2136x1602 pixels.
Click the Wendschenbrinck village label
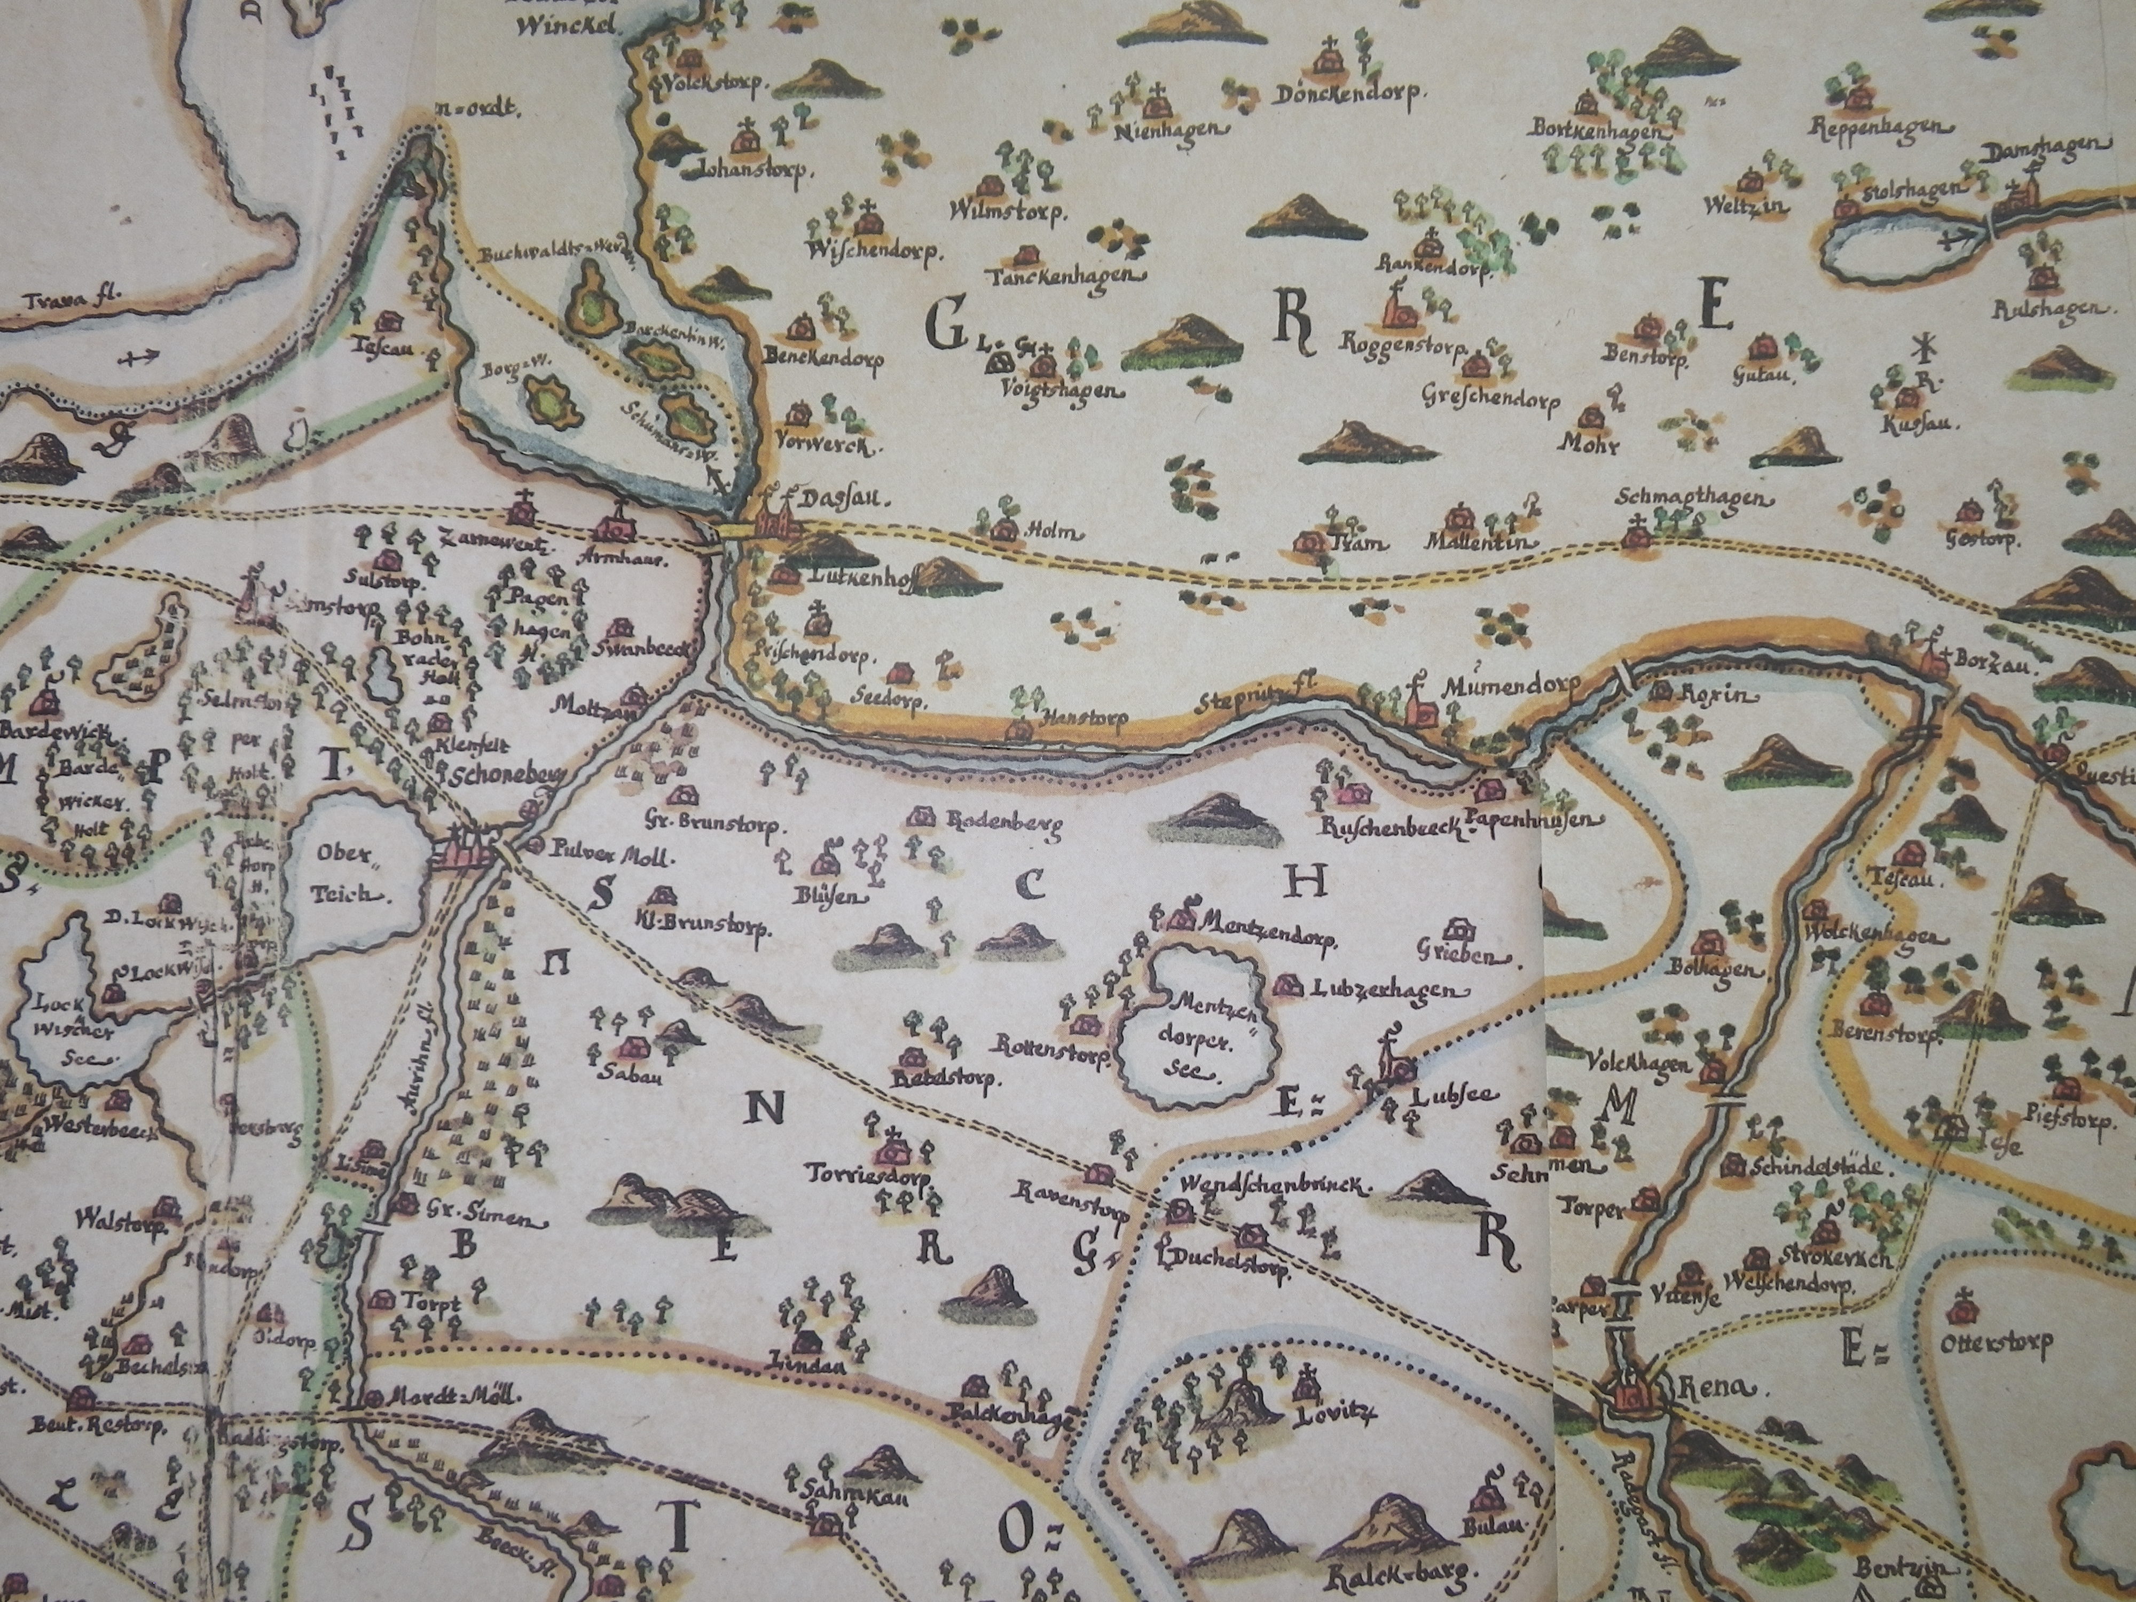(1272, 1188)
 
